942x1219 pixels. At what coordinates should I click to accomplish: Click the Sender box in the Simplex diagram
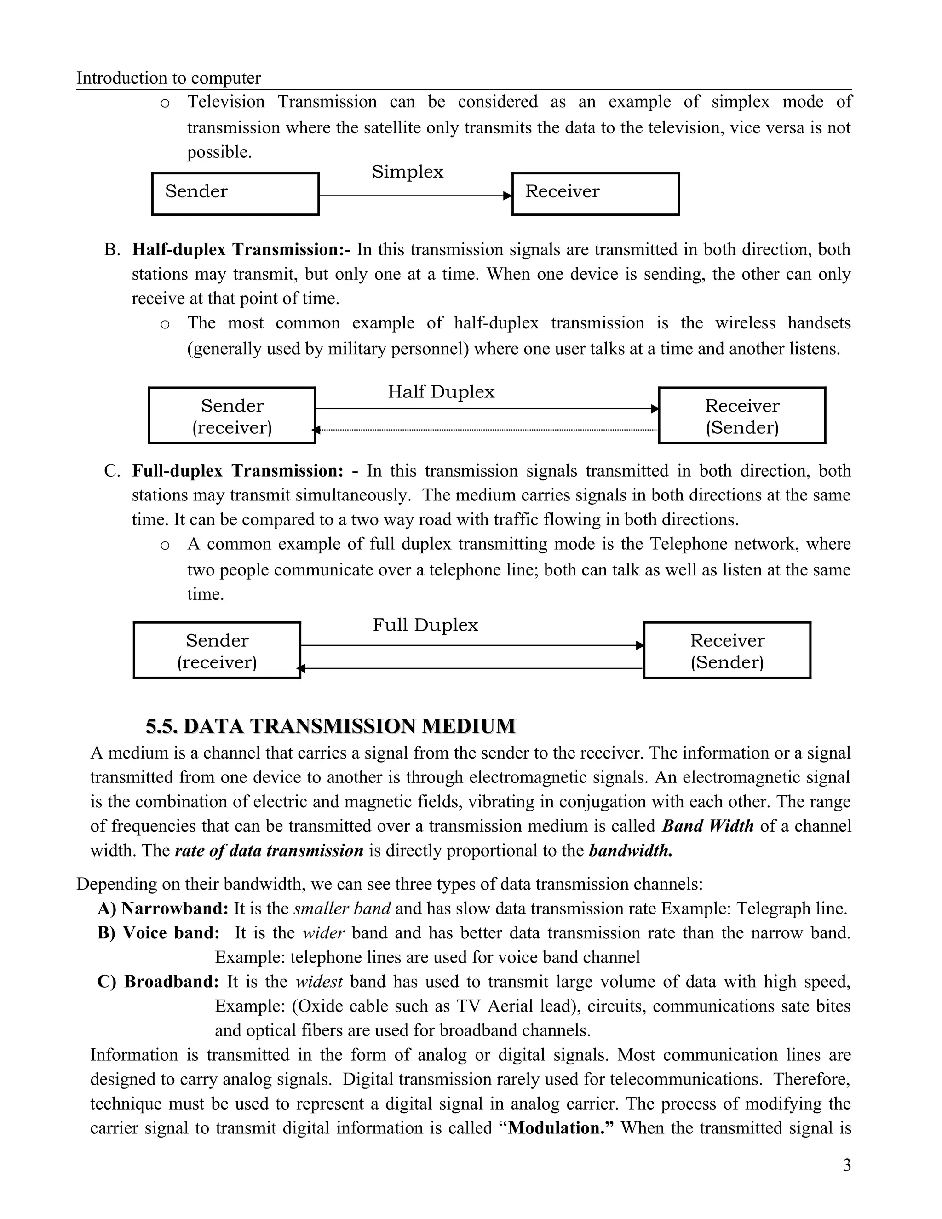(x=235, y=194)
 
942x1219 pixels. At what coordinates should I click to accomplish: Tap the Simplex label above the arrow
(x=408, y=172)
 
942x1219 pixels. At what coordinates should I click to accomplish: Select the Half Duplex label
(x=441, y=392)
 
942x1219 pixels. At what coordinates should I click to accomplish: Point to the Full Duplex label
(x=425, y=625)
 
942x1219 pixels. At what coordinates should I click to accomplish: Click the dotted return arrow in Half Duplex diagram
(x=486, y=430)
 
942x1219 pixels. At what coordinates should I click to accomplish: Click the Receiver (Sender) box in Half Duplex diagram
(x=741, y=416)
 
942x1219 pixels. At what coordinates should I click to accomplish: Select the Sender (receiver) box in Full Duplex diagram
(x=217, y=650)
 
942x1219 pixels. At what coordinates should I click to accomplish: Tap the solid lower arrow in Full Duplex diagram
(x=471, y=668)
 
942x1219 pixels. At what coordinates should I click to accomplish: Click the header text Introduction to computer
(x=168, y=78)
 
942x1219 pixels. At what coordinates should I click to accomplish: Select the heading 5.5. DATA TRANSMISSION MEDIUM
(x=330, y=726)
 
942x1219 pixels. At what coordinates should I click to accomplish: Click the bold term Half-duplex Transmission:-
(x=241, y=249)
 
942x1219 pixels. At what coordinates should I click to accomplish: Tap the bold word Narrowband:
(x=175, y=908)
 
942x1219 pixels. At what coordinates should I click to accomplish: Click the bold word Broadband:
(x=171, y=982)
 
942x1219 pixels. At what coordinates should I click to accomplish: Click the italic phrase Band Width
(x=707, y=826)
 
